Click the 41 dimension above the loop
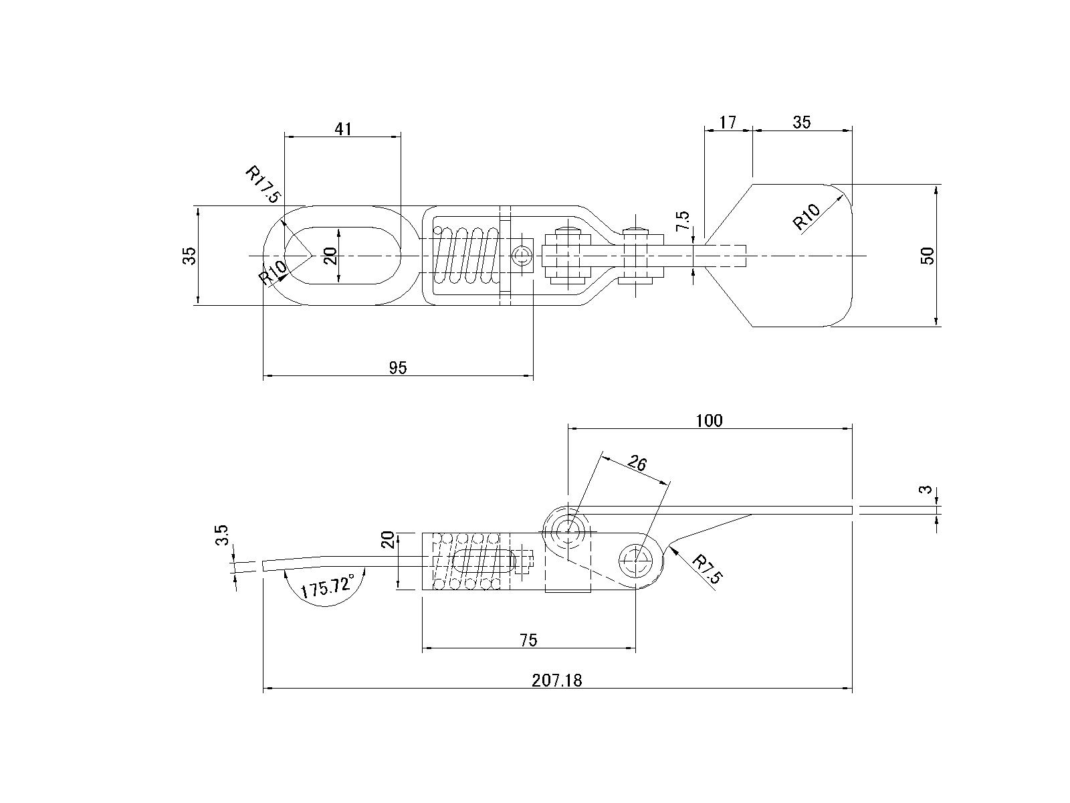(342, 128)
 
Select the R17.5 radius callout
(263, 185)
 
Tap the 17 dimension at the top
(728, 122)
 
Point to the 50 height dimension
(928, 256)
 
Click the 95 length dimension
(398, 367)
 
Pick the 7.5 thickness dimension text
(683, 221)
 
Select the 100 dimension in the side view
(710, 420)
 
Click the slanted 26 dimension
(637, 462)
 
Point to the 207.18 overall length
(556, 680)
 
